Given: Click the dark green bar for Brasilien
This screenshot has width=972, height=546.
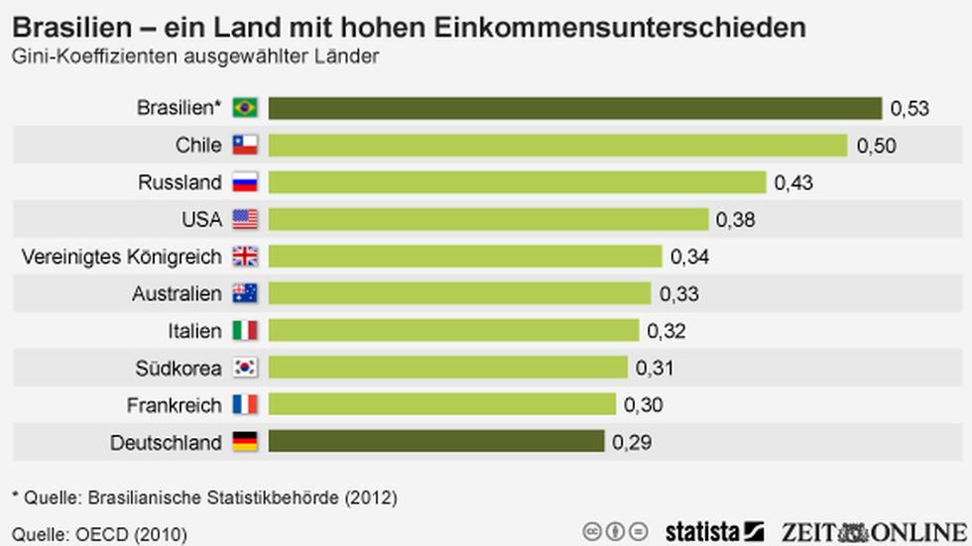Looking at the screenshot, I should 575,107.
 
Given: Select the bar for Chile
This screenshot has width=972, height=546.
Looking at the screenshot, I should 557,145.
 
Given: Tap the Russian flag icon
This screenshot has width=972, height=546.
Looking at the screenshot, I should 245,182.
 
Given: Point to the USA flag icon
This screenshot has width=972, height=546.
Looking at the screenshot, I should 245,219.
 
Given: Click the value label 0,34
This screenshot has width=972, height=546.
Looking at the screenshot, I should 690,257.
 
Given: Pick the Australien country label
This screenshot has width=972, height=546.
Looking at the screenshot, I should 177,293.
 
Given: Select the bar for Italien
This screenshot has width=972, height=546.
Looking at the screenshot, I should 453,330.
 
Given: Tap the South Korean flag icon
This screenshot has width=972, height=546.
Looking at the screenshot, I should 245,368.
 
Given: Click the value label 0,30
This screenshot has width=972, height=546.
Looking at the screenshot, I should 644,404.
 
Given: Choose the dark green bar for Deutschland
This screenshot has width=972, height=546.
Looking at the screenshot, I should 436,441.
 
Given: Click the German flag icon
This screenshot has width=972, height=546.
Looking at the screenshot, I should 245,442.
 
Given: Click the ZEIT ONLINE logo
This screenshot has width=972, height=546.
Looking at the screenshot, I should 872,529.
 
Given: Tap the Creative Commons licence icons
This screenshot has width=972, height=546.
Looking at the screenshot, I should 615,530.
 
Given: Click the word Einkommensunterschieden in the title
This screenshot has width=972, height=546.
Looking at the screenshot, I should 644,27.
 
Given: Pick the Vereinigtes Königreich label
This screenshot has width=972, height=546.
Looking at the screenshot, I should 121,257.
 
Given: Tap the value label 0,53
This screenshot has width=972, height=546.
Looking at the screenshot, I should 910,108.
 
